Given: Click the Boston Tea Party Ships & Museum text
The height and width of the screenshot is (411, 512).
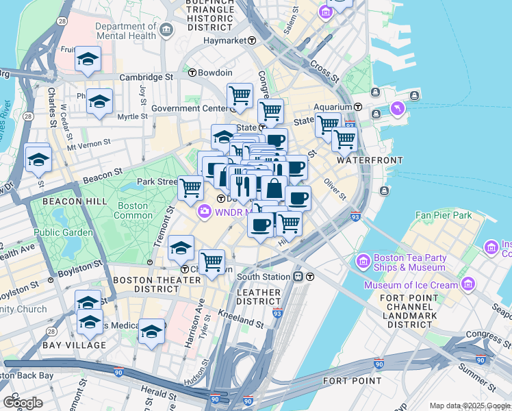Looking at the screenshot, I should [409, 263].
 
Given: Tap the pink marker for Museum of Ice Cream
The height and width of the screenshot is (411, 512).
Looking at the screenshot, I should [468, 284].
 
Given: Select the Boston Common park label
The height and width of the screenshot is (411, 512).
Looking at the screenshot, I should [133, 210].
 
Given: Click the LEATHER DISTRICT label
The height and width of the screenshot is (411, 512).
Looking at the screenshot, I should [259, 297].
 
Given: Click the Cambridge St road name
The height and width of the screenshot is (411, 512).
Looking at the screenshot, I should [146, 77].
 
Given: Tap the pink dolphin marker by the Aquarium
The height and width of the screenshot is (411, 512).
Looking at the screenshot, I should [397, 109].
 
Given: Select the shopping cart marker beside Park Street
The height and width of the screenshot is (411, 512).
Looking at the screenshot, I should [190, 186].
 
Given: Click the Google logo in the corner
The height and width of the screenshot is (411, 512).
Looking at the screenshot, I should [23, 402].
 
